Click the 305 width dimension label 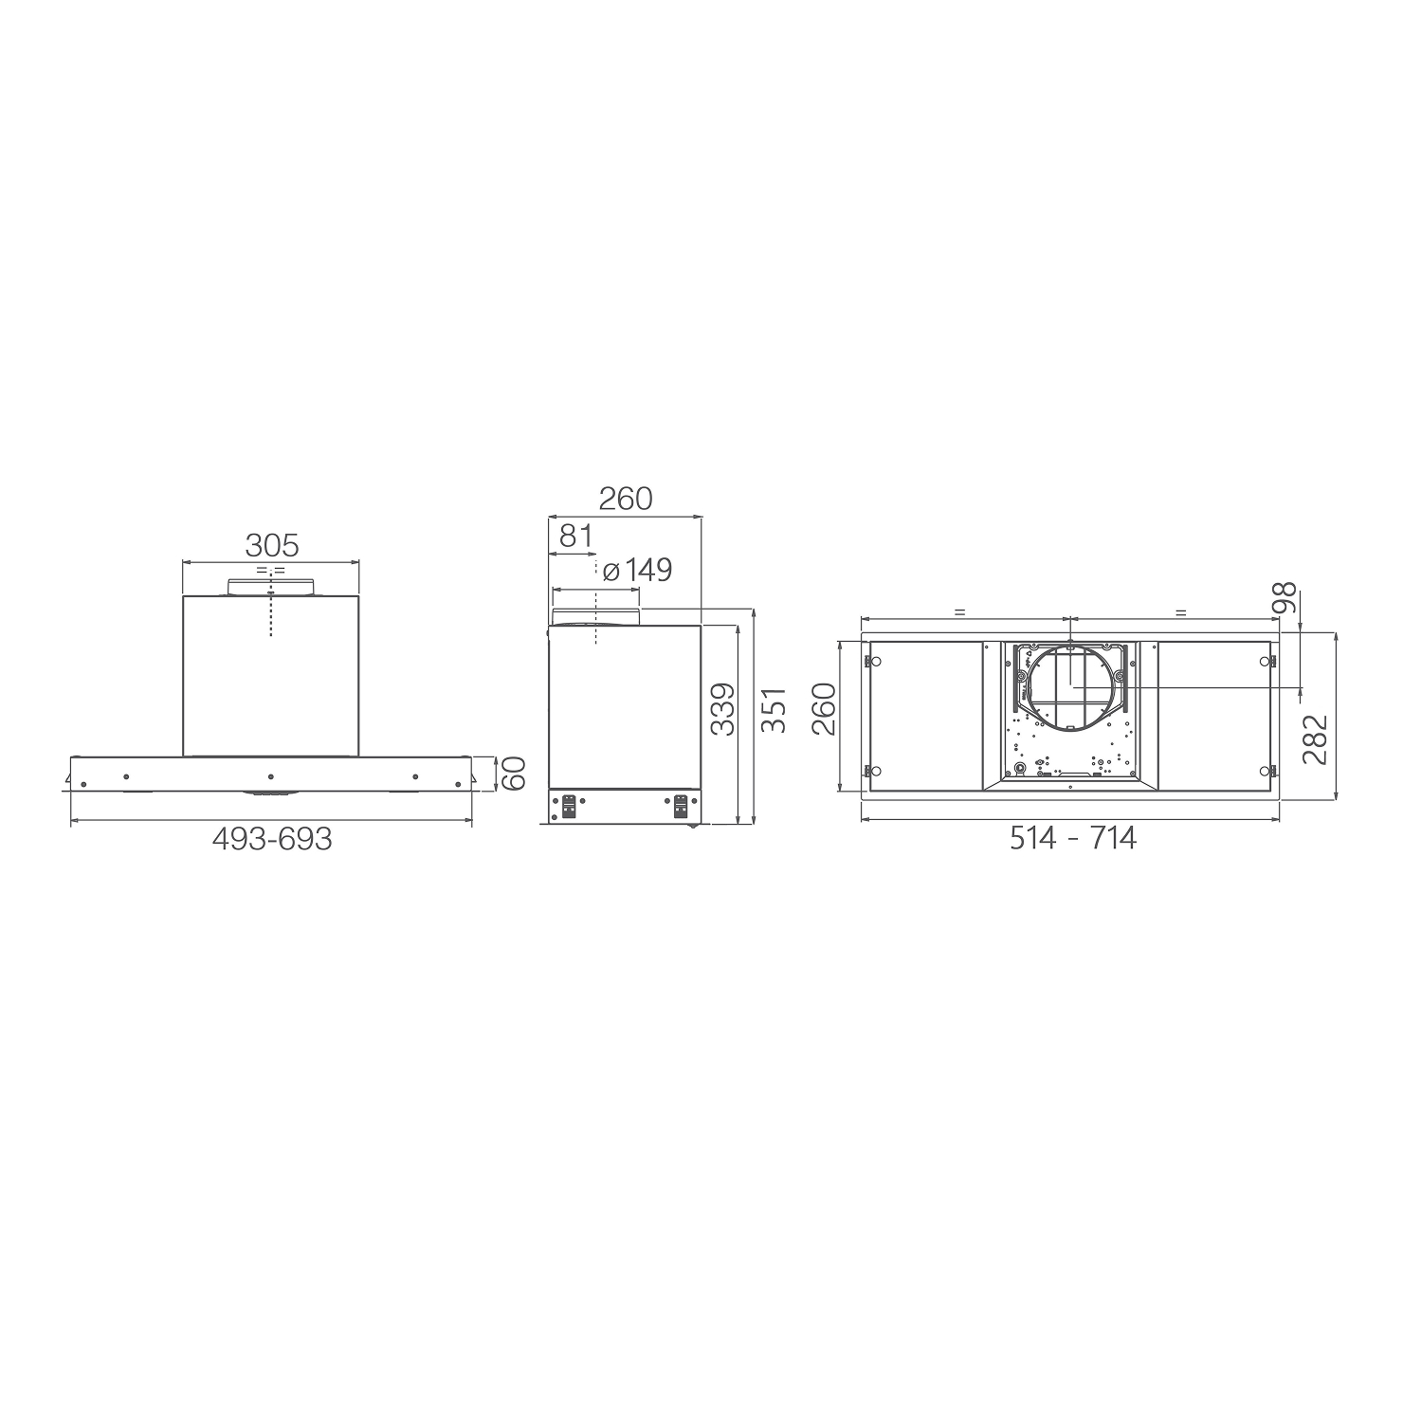point(272,545)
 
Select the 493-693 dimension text point(272,839)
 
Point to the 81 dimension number point(576,536)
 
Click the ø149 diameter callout point(636,570)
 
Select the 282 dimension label point(1315,738)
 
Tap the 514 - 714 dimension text point(1072,838)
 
